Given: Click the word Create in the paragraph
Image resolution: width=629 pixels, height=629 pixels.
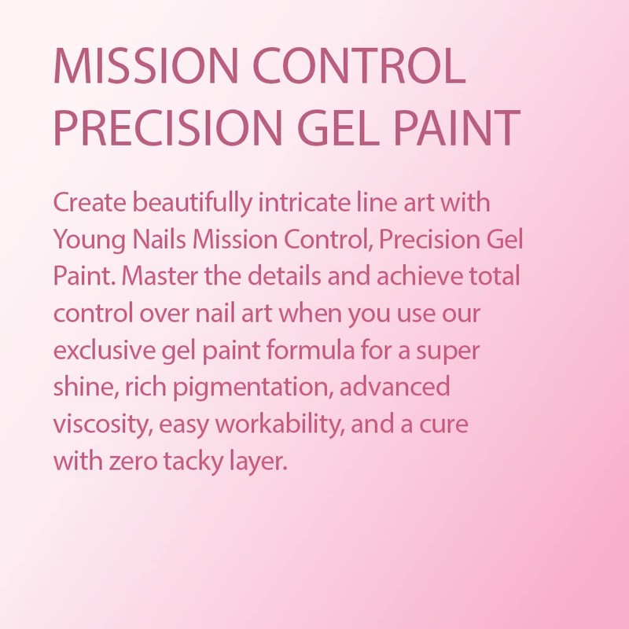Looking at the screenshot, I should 89,202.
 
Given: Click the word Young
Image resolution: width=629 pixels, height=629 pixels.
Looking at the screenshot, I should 86,239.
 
